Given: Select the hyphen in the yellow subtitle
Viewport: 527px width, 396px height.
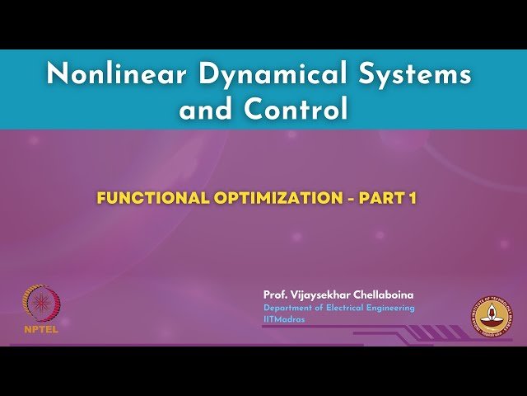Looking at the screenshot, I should pyautogui.click(x=347, y=200).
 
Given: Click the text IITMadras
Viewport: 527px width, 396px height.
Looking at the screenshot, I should pyautogui.click(x=284, y=319).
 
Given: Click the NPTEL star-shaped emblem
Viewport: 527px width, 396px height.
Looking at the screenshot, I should pyautogui.click(x=39, y=303).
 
